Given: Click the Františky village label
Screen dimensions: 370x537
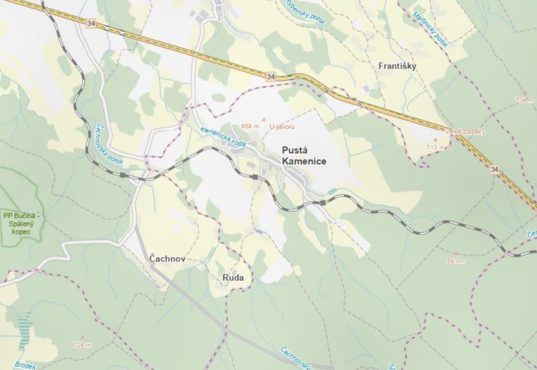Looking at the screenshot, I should click(x=397, y=66).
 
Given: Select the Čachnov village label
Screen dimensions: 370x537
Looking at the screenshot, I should click(x=167, y=259).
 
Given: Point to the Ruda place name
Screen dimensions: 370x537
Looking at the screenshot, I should click(x=232, y=277).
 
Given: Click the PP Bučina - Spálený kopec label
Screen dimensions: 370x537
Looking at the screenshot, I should click(x=22, y=222).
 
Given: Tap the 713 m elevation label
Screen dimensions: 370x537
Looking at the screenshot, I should click(x=435, y=148).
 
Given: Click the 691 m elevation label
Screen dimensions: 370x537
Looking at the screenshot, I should click(x=455, y=261).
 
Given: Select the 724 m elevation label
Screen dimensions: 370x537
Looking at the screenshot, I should click(x=82, y=345).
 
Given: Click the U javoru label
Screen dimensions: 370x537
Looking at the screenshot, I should click(x=282, y=126).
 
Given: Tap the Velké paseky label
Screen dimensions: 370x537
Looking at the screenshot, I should click(x=465, y=132).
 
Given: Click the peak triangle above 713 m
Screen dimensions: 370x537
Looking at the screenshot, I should click(x=435, y=139).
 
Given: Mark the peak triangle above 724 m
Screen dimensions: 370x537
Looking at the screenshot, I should click(x=82, y=337).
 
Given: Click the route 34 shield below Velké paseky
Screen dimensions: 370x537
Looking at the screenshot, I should click(x=495, y=170).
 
